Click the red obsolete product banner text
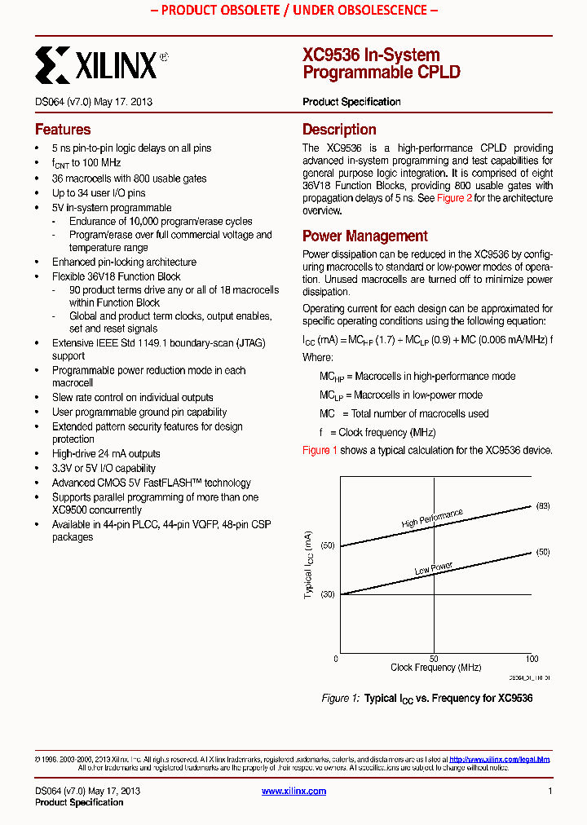(293, 11)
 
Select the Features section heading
(63, 130)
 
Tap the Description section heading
(339, 130)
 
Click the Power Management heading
(364, 236)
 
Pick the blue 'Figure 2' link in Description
(454, 198)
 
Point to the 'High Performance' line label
(432, 518)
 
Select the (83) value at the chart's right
(543, 506)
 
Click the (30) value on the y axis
(328, 594)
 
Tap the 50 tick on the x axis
(434, 659)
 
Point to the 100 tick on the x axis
(532, 659)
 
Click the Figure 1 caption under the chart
(426, 699)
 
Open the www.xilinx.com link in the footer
(293, 792)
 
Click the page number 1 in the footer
(550, 792)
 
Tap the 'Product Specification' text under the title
(351, 102)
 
